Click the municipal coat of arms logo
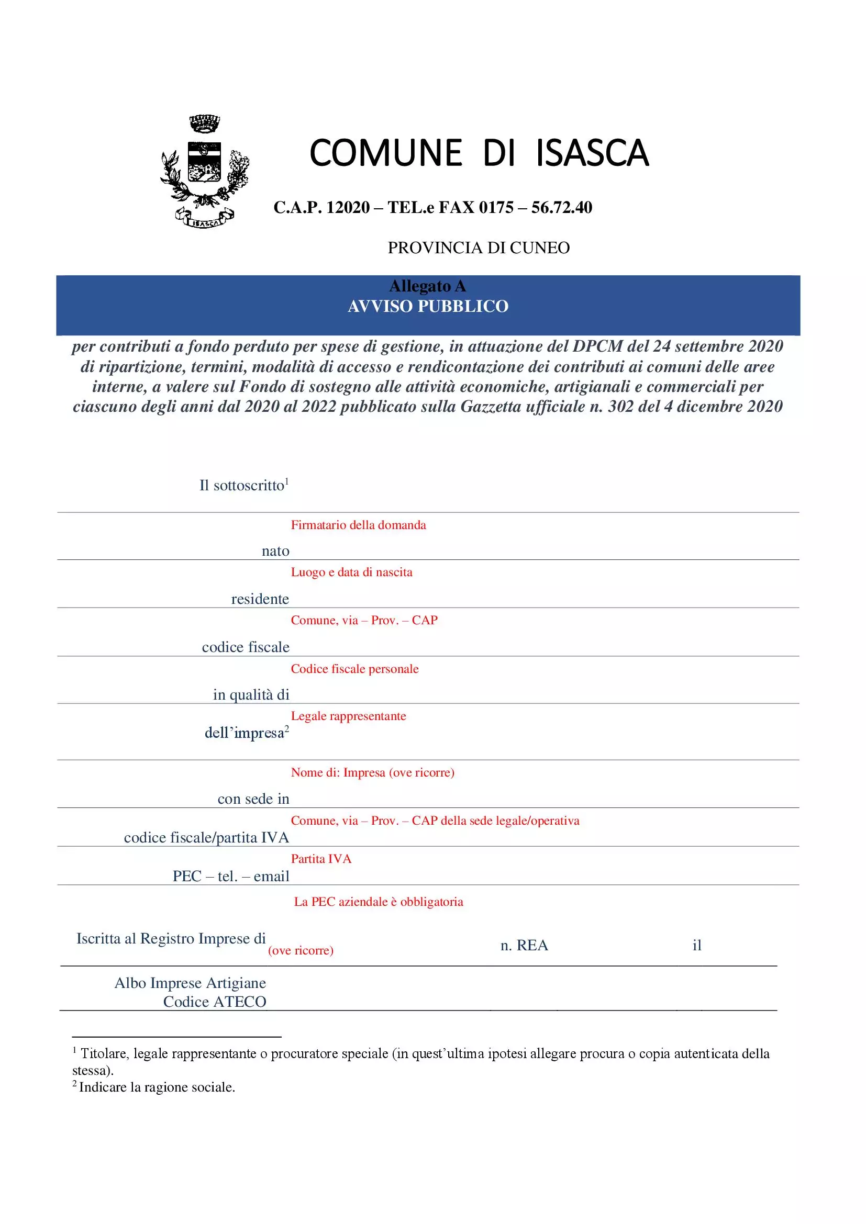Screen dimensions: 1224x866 pyautogui.click(x=205, y=172)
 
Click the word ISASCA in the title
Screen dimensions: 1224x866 pyautogui.click(x=592, y=153)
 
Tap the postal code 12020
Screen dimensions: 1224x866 pyautogui.click(x=348, y=207)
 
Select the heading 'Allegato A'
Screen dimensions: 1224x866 pyautogui.click(x=428, y=286)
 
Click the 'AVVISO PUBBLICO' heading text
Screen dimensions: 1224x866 pyautogui.click(x=428, y=307)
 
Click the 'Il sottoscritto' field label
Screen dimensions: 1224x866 pyautogui.click(x=243, y=485)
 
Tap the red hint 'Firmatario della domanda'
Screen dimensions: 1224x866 pyautogui.click(x=358, y=525)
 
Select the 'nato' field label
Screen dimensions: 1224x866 pyautogui.click(x=275, y=551)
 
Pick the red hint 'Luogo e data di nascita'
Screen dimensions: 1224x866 pyautogui.click(x=351, y=572)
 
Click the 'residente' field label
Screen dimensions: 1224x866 pyautogui.click(x=260, y=599)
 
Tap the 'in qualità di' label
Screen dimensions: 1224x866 pyautogui.click(x=251, y=694)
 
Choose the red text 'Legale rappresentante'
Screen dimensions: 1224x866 pyautogui.click(x=348, y=716)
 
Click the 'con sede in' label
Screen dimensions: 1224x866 pyautogui.click(x=253, y=799)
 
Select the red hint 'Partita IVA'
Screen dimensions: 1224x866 pyautogui.click(x=321, y=858)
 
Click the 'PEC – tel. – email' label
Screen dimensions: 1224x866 pyautogui.click(x=231, y=876)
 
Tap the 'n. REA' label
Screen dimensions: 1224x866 pyautogui.click(x=524, y=945)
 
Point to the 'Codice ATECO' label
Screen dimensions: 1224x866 pyautogui.click(x=214, y=1002)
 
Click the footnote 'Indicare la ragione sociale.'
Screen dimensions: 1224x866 pyautogui.click(x=157, y=1087)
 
